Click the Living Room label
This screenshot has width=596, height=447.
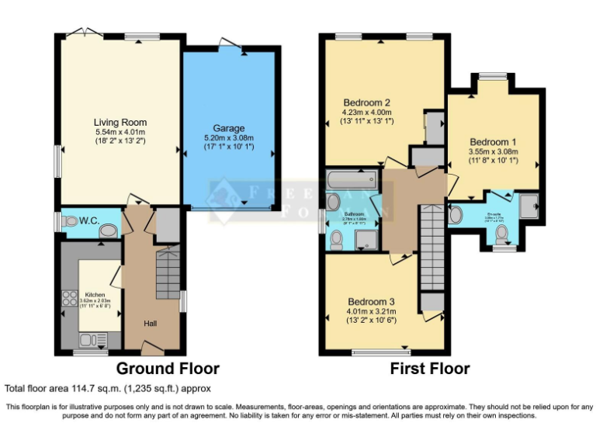120,123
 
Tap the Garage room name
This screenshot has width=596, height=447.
229,128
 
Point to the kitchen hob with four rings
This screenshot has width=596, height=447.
68,300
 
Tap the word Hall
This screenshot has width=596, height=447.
151,323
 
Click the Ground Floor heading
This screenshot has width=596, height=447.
168,369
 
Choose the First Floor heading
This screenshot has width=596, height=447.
429,369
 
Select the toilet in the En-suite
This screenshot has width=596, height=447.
501,232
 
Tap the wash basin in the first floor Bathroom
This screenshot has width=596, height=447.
334,203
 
